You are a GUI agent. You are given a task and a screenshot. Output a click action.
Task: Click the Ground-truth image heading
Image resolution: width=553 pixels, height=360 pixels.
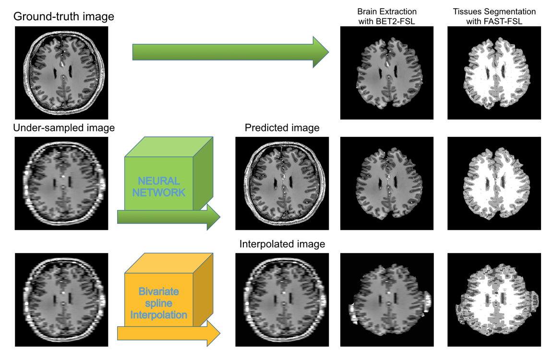pos(63,16)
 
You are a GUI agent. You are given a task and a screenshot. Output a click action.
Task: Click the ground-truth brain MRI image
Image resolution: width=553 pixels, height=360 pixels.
pos(61,72)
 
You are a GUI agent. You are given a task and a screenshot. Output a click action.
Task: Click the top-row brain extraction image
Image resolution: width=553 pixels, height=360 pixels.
pos(386,72)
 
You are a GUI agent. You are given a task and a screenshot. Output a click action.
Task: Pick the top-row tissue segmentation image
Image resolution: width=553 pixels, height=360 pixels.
pos(494,72)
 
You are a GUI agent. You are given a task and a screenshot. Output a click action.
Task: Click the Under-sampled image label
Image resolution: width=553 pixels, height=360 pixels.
pos(64,128)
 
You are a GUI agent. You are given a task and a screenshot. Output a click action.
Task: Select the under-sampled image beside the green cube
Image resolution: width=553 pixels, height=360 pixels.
pos(61,183)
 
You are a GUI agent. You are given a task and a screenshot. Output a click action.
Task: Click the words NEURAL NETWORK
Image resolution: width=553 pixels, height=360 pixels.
pos(159,187)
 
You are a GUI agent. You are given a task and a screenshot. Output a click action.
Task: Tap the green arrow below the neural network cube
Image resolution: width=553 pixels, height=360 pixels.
pos(168,217)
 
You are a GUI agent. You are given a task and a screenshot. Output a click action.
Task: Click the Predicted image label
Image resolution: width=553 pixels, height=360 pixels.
pos(282,128)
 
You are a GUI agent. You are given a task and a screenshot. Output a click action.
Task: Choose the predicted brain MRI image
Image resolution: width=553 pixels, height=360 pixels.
pos(282,183)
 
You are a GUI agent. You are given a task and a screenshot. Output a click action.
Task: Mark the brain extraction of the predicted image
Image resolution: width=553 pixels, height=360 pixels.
pos(386,183)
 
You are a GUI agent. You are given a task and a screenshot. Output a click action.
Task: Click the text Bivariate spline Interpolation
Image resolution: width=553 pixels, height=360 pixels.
pos(158,303)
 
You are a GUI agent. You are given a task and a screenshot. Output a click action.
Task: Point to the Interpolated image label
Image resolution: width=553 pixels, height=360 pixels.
pos(282,244)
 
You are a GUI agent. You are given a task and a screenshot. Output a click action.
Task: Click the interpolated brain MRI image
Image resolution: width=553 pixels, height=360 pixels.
pos(282,300)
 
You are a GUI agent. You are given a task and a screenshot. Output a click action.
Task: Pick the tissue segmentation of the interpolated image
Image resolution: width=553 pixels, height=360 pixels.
pos(494,300)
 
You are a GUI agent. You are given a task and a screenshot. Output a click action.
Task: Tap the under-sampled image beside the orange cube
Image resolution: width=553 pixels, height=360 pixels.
pos(61,300)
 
